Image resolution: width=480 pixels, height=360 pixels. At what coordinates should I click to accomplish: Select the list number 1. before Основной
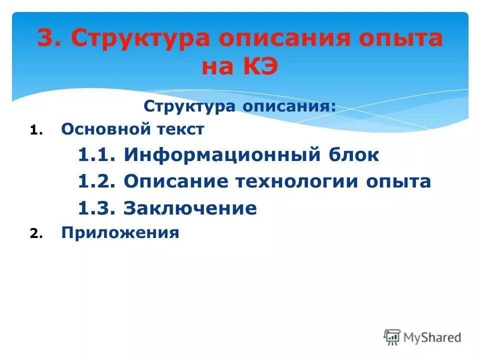pos(37,130)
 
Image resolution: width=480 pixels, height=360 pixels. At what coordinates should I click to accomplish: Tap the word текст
pos(179,129)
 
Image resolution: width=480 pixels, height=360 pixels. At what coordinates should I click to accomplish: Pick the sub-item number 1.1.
pos(97,155)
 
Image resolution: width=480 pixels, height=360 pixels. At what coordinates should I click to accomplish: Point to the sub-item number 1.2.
pos(97,181)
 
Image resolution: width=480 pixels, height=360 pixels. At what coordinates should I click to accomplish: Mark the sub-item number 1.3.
pos(97,208)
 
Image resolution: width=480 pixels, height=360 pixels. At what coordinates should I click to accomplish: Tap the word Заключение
pos(190,208)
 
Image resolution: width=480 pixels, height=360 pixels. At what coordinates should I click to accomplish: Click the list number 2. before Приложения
pos(37,233)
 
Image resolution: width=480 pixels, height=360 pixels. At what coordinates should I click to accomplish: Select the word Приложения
pos(120,233)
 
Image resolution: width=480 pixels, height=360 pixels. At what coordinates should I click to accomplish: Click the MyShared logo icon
pos(392,337)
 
